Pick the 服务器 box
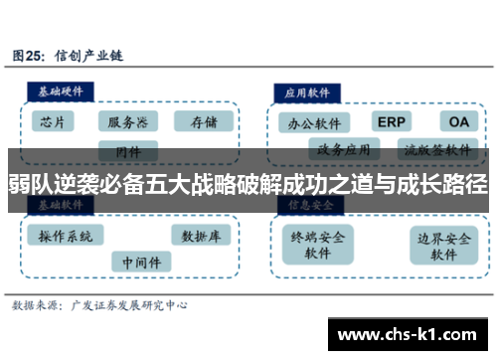tap(128, 122)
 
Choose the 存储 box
tap(203, 122)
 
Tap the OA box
tap(458, 121)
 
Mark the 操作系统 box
tap(66, 237)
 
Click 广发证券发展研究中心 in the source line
tap(124, 306)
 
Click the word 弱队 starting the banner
tap(30, 183)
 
